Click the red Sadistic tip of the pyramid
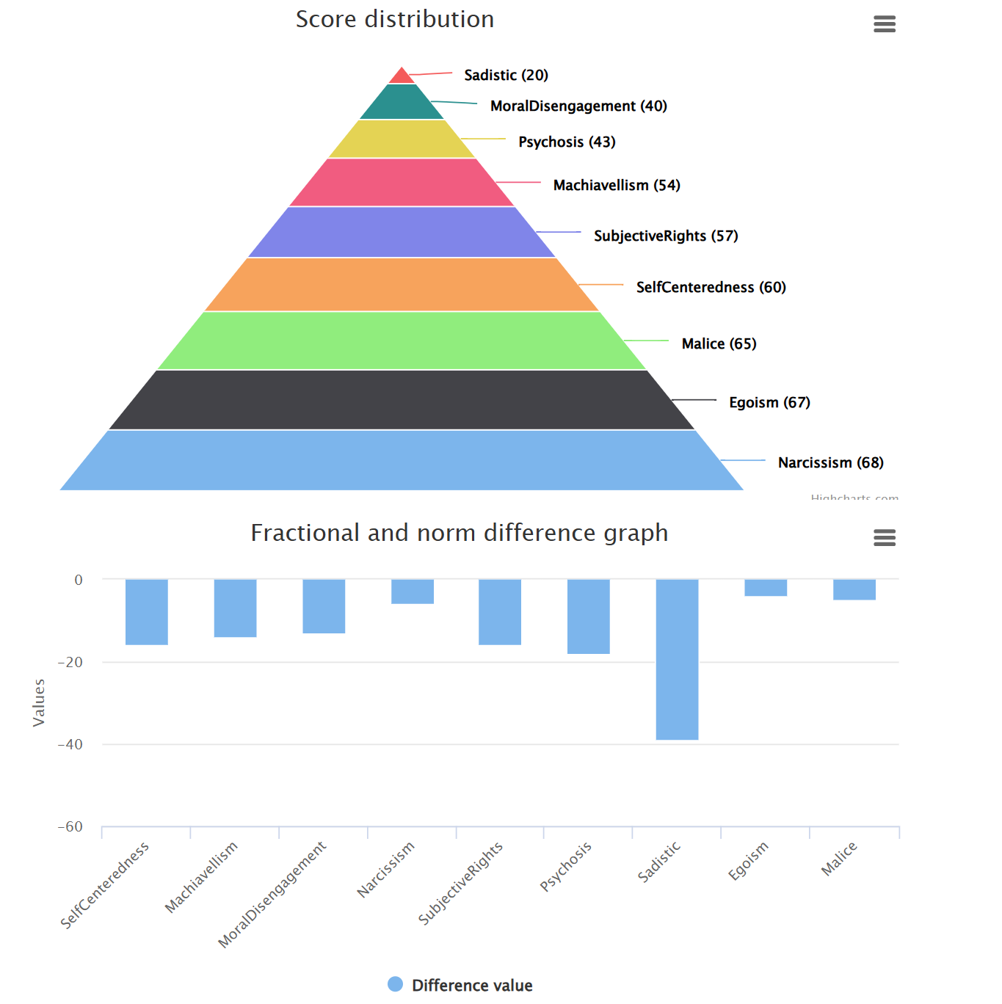tap(402, 76)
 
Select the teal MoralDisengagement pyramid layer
tap(402, 103)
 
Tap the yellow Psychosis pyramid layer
tap(402, 139)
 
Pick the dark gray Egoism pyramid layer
tap(402, 400)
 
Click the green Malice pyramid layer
tap(402, 341)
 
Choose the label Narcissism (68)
tap(830, 462)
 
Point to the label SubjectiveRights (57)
tap(666, 236)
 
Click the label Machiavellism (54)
tap(617, 185)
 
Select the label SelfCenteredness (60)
tap(711, 287)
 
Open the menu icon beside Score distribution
tap(885, 24)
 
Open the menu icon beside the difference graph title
tap(885, 538)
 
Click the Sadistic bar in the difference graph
tap(677, 659)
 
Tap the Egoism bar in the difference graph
tap(766, 588)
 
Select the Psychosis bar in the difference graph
tap(588, 616)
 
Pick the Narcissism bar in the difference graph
tap(413, 592)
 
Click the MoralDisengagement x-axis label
tap(273, 894)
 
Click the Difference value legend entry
tap(460, 985)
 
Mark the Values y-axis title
tap(39, 702)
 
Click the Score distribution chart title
tap(395, 19)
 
